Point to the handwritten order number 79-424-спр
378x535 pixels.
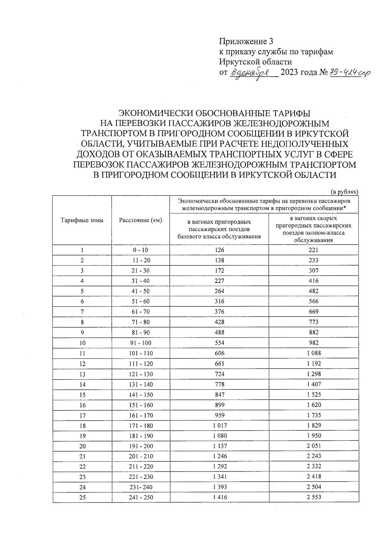[350, 73]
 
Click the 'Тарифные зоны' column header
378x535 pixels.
[82, 220]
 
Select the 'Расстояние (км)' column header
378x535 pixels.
[140, 220]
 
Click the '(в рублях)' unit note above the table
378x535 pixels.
[344, 192]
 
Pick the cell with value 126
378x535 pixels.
[219, 250]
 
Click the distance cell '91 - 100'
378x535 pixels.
[140, 343]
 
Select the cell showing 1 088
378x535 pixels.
[314, 353]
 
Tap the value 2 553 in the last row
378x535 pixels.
[314, 497]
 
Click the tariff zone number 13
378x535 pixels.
[82, 374]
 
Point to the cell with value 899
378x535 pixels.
[219, 405]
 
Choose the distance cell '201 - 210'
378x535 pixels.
[140, 456]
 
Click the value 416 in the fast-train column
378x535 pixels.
[314, 281]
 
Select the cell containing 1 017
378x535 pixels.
[219, 425]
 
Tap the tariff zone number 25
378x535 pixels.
[82, 497]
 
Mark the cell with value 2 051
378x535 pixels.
[314, 446]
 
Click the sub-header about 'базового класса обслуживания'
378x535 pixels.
[219, 229]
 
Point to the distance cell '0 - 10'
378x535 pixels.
[140, 250]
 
